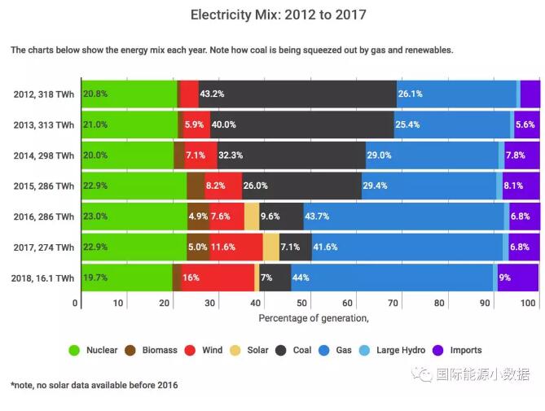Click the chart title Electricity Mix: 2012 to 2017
[x=272, y=15]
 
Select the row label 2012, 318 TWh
[x=44, y=94]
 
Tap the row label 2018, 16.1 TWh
[x=44, y=278]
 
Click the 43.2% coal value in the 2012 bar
[x=212, y=94]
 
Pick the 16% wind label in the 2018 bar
[x=191, y=278]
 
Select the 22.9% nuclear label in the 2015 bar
[x=95, y=186]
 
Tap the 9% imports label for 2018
[x=505, y=278]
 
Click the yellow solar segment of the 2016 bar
[x=252, y=216]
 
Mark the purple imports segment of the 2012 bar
[x=530, y=94]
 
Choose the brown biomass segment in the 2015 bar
[x=196, y=186]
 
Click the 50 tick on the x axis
[x=303, y=304]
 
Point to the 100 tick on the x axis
[x=529, y=304]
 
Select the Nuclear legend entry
[x=94, y=351]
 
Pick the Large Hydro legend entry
[x=391, y=351]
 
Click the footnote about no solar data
[x=94, y=385]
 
